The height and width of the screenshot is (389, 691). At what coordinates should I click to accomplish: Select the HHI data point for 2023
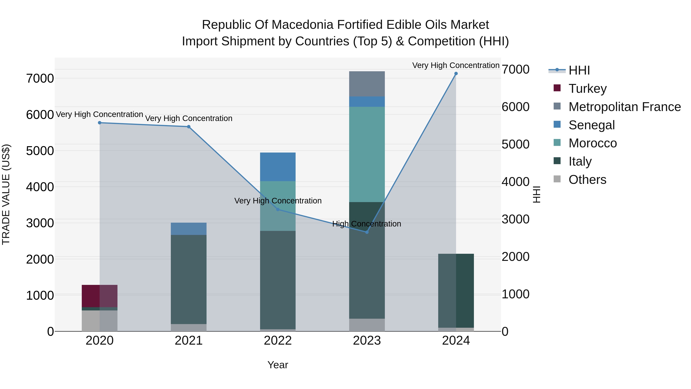tap(367, 232)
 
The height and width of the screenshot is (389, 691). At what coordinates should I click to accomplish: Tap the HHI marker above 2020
tap(99, 123)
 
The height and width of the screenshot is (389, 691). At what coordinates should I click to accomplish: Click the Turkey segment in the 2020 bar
tap(99, 296)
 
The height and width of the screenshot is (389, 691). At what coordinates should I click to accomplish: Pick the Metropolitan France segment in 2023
tap(367, 84)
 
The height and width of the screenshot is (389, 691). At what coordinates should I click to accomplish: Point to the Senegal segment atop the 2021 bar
tap(188, 229)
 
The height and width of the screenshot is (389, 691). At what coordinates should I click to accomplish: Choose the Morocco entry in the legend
tap(593, 143)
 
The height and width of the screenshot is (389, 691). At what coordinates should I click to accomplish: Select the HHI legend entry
tap(579, 70)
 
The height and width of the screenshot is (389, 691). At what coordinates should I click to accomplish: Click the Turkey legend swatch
tap(557, 88)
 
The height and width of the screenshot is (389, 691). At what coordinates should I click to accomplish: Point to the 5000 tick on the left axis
tap(40, 151)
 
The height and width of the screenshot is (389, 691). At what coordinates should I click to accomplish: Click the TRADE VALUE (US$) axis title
tap(6, 194)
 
